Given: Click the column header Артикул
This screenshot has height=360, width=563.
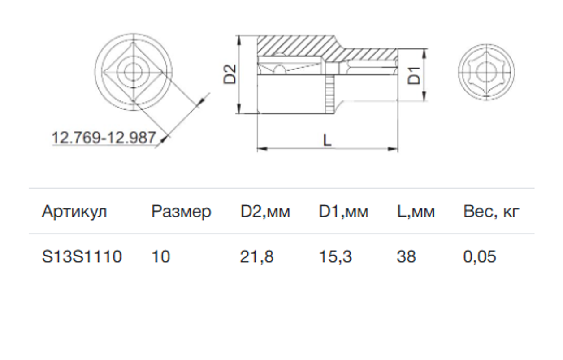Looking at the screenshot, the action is coord(74,212).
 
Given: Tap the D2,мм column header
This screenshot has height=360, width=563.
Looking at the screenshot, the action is coord(265,212).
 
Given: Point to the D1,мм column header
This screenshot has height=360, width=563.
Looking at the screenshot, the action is coord(343,212).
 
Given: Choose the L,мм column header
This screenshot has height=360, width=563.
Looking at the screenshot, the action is coord(416,212).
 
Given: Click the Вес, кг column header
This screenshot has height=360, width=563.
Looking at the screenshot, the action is coord(491,212).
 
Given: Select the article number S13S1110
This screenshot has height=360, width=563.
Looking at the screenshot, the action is coord(82,257).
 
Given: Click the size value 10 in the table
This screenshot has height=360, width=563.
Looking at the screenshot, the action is coord(161,257).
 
